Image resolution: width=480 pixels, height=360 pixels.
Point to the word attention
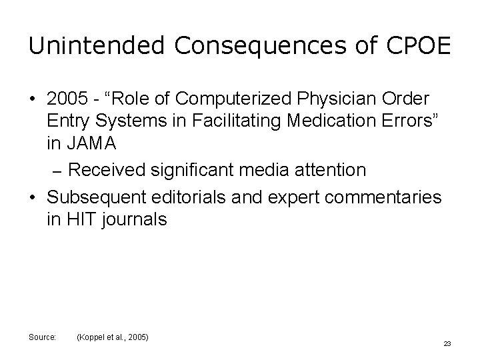pyautogui.click(x=331, y=170)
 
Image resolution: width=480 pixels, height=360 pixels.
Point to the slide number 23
pyautogui.click(x=447, y=343)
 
